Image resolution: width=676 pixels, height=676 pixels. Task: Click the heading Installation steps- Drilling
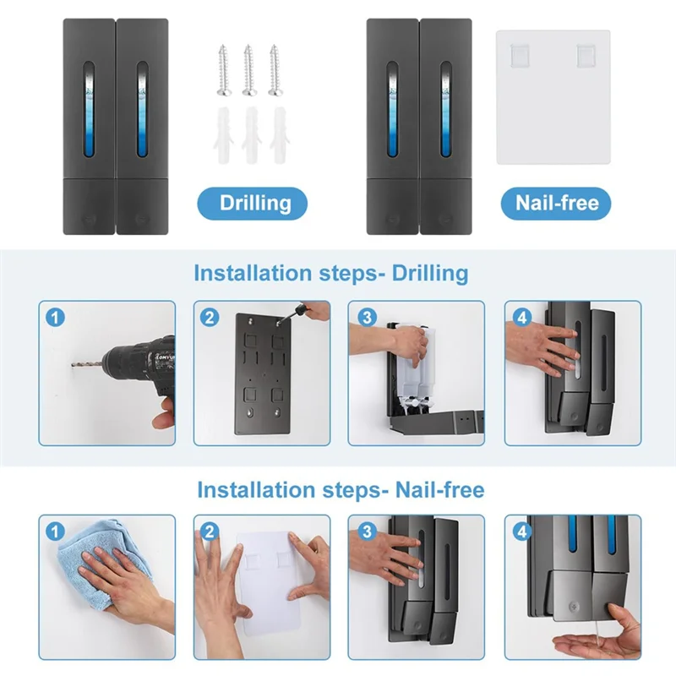point(330,273)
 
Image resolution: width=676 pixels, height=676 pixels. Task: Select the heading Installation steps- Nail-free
point(341,489)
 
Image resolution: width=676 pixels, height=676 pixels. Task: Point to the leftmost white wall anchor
point(222,135)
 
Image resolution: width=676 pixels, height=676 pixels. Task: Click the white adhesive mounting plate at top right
point(553,97)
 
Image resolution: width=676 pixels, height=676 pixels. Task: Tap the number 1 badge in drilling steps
point(56,318)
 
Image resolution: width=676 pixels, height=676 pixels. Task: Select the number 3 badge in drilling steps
point(366,318)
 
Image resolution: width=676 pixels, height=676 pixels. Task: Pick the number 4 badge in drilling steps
point(521,318)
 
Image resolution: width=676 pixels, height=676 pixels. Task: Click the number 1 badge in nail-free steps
point(56,532)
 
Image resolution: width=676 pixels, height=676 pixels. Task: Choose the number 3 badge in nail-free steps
point(366,532)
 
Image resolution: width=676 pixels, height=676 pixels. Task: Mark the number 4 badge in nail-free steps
point(521,532)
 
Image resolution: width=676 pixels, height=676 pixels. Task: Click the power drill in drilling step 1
point(144,372)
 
